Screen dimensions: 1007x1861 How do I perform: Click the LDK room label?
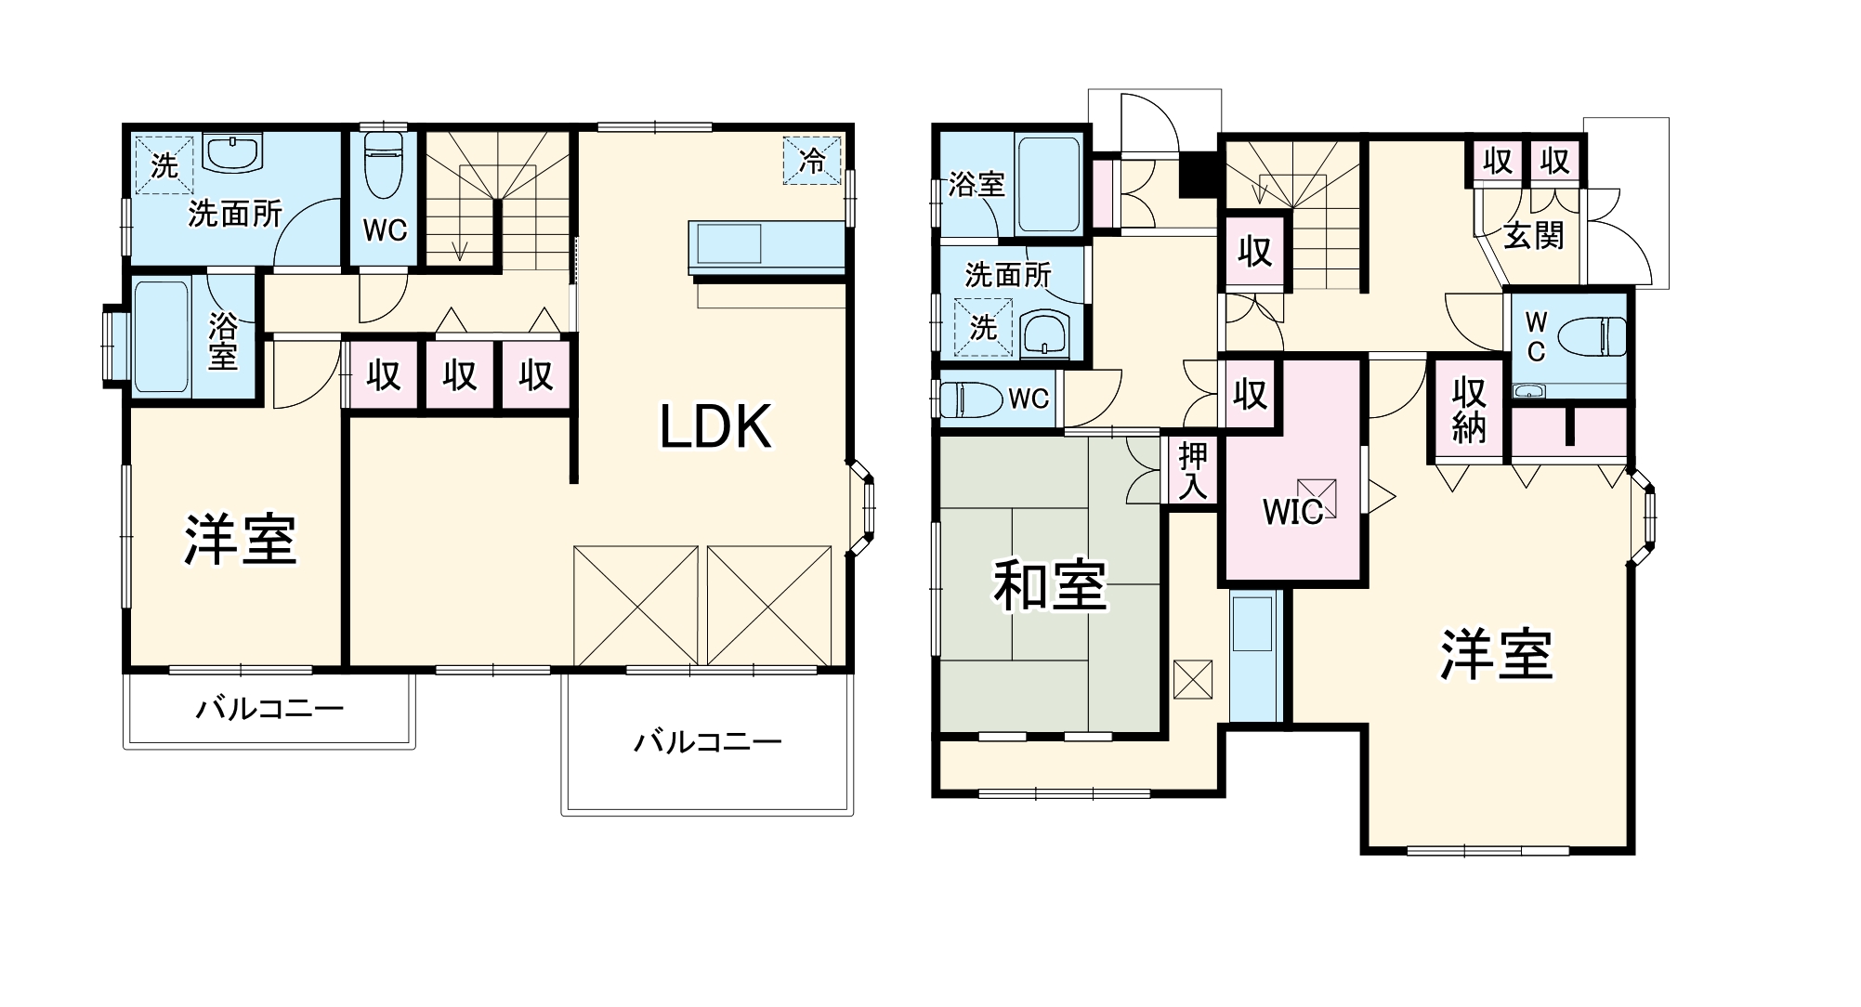click(715, 428)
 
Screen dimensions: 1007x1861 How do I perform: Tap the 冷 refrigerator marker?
click(812, 161)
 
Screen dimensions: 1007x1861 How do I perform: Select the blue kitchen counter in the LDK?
click(767, 247)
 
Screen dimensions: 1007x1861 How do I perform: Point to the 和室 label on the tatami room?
click(1050, 586)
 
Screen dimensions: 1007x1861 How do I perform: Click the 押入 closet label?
click(1193, 471)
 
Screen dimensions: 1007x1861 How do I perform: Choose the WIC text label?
click(1292, 511)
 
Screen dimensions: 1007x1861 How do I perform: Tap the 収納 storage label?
click(1469, 410)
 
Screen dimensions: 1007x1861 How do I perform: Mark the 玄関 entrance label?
click(1534, 235)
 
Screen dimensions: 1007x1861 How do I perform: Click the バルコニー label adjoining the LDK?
click(707, 742)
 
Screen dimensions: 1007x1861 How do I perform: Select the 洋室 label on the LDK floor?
click(240, 539)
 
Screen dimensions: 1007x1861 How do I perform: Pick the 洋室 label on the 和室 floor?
click(1496, 655)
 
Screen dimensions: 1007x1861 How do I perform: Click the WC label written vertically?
click(1536, 337)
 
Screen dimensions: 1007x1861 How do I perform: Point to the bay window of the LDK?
click(864, 507)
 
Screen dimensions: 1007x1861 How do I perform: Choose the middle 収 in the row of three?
click(459, 376)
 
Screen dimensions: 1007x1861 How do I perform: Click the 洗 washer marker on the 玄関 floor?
click(983, 328)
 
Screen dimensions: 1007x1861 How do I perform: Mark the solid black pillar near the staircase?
click(1199, 174)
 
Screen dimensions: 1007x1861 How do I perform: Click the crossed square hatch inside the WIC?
click(1317, 497)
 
